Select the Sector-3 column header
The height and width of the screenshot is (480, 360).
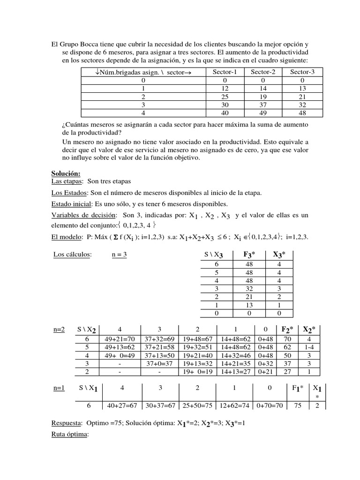tap(302, 72)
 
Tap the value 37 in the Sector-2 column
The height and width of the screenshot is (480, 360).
tap(263, 105)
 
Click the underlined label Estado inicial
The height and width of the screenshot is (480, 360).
tap(71, 204)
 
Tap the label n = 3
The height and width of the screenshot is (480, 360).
tap(120, 255)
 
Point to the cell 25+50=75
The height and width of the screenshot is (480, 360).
tap(197, 405)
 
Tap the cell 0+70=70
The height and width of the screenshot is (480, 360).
tap(269, 405)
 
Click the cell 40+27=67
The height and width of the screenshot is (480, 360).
tap(123, 405)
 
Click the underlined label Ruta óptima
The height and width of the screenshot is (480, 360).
tap(69, 435)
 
